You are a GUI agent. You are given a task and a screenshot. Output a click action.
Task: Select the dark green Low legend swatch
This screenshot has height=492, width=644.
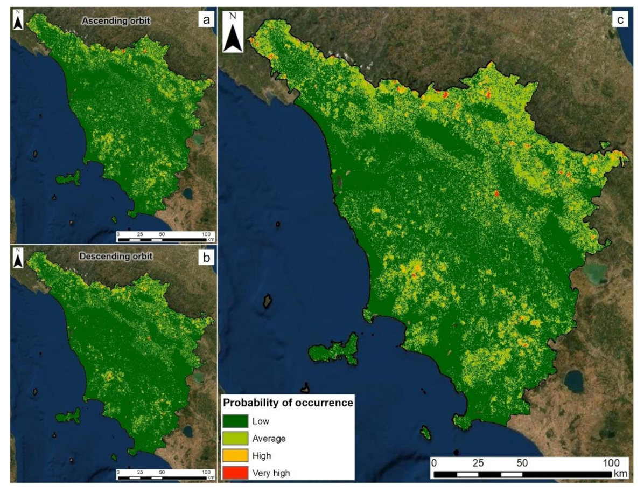click(235, 421)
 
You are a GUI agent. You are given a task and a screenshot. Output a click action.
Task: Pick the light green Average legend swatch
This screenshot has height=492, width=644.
click(235, 438)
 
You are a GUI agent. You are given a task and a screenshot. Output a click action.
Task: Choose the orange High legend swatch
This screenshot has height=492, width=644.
click(235, 455)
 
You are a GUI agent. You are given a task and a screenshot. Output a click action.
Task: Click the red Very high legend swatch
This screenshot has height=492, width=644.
click(235, 473)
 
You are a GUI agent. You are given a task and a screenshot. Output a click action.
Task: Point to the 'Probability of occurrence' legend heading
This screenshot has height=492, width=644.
click(288, 403)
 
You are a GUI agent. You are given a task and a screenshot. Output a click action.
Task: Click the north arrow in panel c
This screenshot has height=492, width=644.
click(233, 33)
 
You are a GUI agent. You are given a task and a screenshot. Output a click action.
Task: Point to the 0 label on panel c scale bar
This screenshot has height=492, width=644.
click(435, 463)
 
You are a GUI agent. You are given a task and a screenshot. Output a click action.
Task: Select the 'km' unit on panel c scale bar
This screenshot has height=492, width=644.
click(620, 474)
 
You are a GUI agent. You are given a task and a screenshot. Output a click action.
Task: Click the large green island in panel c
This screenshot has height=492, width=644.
click(335, 350)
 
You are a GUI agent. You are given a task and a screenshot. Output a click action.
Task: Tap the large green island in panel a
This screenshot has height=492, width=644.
click(68, 178)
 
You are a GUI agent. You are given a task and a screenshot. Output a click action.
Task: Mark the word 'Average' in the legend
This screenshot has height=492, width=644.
click(269, 439)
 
